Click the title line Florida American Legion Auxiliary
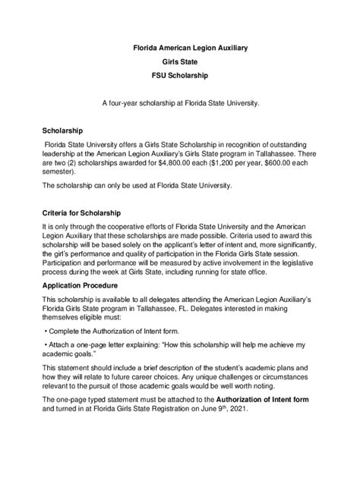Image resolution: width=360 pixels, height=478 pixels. [179, 48]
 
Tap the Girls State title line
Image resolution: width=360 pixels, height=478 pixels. [180, 62]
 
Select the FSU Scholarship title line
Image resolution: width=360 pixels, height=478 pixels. [180, 77]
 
